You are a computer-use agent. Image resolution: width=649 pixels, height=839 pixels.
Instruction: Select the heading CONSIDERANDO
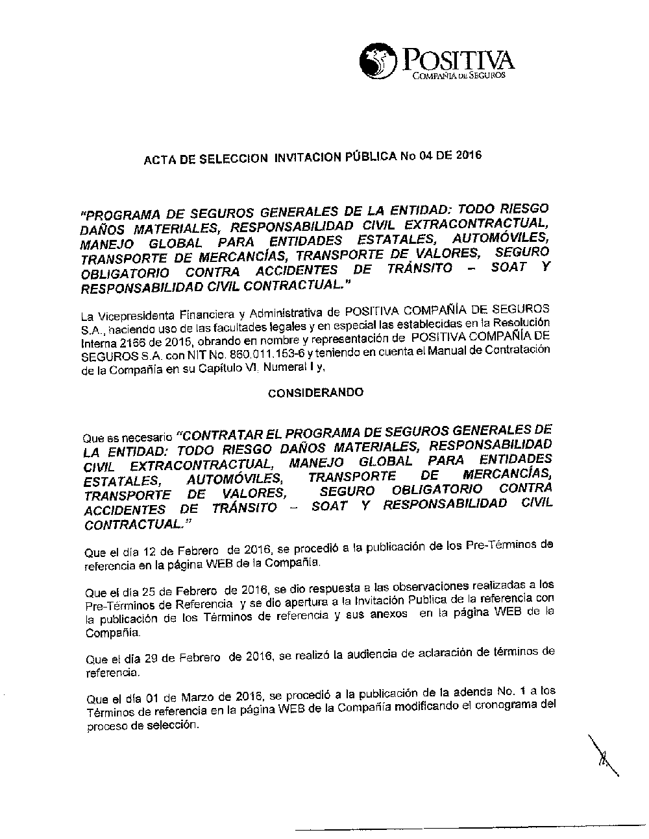pyautogui.click(x=316, y=393)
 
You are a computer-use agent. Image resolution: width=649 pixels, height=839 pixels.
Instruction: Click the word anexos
pyautogui.click(x=388, y=613)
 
